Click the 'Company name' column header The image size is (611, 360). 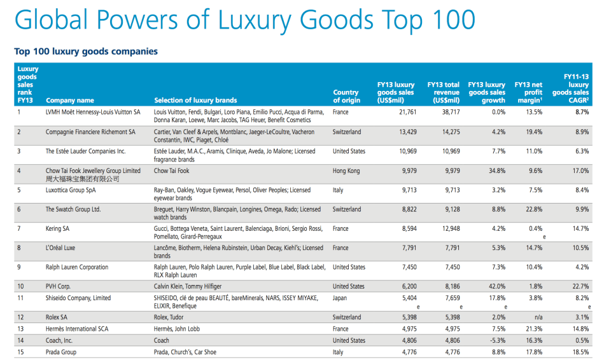[69, 100]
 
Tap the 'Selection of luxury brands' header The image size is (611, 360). [195, 100]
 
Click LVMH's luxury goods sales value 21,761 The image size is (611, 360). [402, 113]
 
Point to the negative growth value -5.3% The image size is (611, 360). [495, 340]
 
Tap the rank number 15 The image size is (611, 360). [20, 352]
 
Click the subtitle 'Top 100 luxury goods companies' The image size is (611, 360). [86, 51]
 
